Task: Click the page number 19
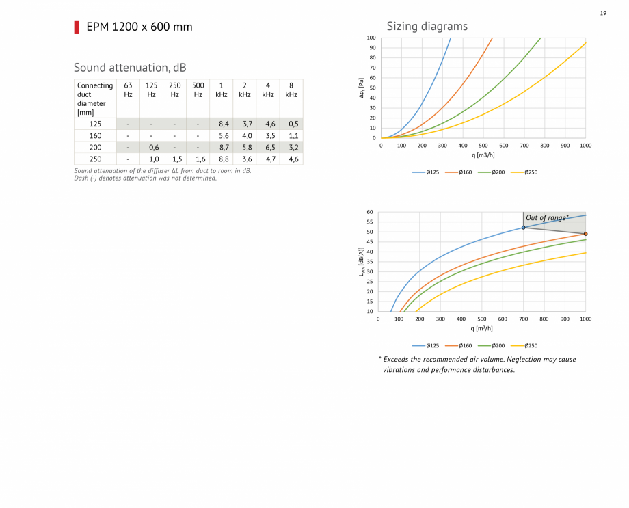click(603, 13)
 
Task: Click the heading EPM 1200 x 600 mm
click(139, 27)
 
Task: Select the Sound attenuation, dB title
click(130, 67)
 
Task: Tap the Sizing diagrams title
click(427, 26)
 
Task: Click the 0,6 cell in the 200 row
click(152, 147)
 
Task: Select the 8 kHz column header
click(291, 90)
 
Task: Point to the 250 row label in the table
click(95, 159)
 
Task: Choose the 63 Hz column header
click(128, 90)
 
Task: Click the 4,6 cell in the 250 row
click(293, 159)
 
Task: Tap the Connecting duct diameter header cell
click(95, 99)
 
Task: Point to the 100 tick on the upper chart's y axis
click(371, 38)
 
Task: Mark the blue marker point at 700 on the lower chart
click(523, 228)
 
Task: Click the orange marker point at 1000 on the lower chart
click(585, 234)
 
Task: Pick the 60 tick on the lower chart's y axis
click(369, 213)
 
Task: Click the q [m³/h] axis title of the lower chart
click(482, 328)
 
